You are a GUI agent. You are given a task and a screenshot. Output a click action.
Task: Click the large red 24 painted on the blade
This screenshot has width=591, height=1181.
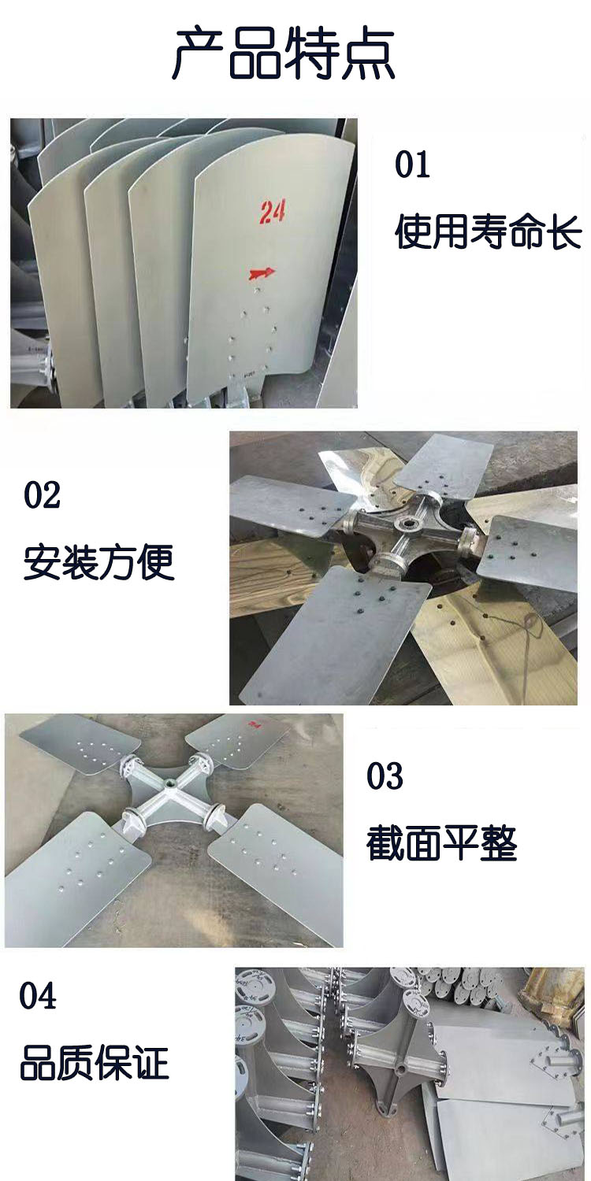273,211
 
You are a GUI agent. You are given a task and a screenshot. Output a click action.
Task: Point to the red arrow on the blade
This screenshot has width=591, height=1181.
262,273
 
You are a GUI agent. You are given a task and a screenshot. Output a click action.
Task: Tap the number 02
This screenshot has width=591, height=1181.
42,495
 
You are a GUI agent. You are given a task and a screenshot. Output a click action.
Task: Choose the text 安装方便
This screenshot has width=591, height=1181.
98,562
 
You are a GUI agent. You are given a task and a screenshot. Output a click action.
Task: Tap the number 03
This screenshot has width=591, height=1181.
385,776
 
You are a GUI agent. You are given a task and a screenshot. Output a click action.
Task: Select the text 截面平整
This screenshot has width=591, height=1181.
441,843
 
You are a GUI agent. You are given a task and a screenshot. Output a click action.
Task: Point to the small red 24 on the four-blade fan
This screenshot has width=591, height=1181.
255,725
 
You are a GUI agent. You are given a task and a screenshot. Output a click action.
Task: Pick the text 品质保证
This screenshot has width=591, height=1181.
95,1062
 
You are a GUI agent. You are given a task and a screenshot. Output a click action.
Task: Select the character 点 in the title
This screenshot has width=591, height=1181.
368,54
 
